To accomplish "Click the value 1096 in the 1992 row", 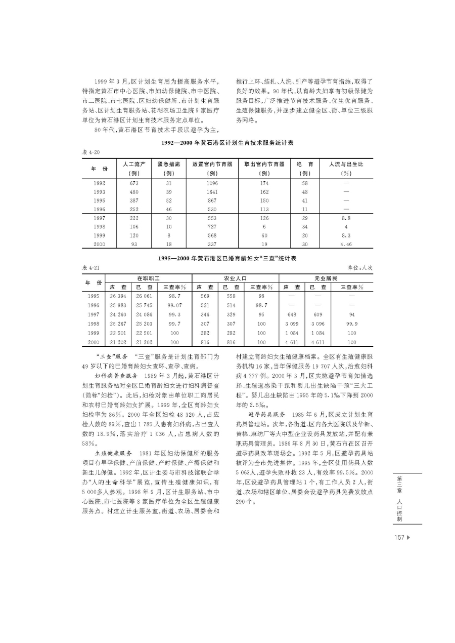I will coord(212,183).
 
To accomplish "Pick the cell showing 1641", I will coord(212,192).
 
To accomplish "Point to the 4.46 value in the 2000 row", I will coord(346,244).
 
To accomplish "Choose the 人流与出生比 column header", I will coord(346,164).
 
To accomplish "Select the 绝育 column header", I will coord(304,164).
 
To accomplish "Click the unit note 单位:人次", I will coord(360,267).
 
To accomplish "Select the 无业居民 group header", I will coord(326,278).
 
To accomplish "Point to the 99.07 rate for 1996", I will coord(175,305).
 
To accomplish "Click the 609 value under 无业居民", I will coord(318,314).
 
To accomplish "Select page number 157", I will coord(399,538).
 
